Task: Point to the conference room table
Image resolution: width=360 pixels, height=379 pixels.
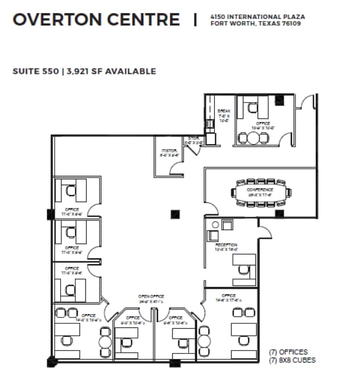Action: tap(260, 192)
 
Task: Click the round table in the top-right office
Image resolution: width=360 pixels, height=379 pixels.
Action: tap(253, 138)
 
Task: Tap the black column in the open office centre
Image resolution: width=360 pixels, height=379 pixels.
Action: tap(175, 214)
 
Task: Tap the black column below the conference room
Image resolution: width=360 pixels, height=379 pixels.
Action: tap(279, 213)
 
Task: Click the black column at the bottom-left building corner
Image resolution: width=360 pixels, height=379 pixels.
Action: tap(52, 360)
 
